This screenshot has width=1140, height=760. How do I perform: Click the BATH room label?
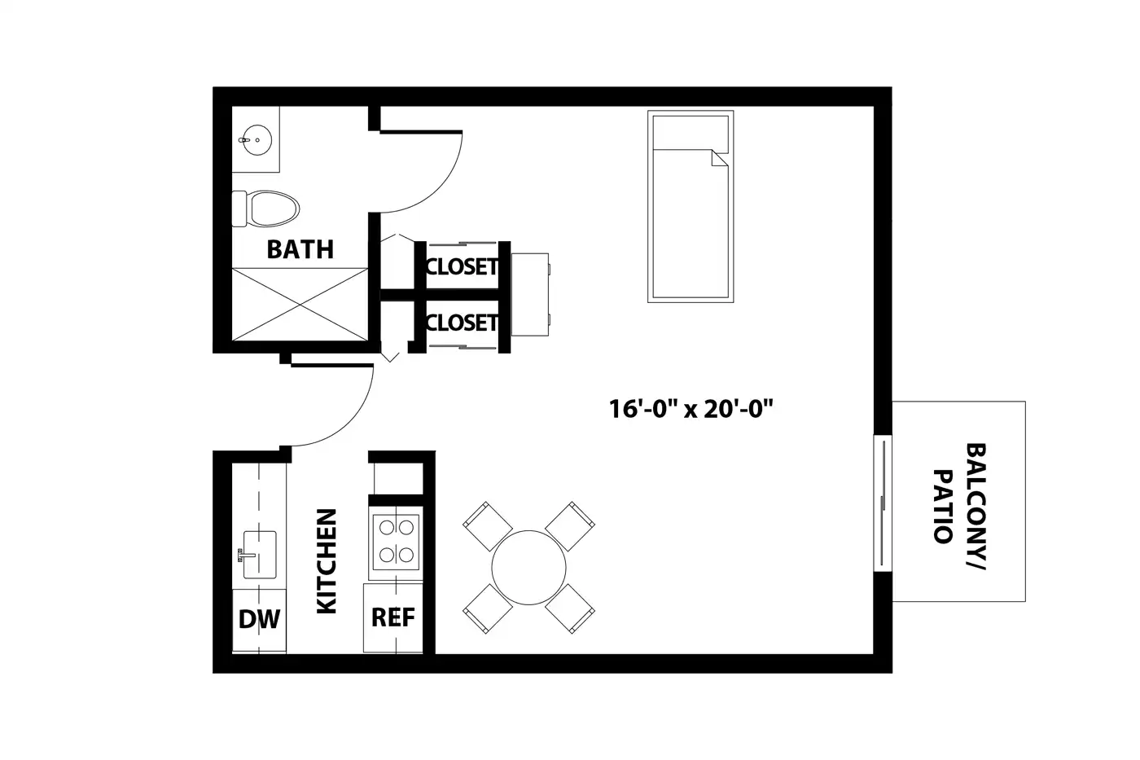(300, 249)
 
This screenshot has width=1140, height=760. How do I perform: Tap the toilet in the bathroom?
(265, 209)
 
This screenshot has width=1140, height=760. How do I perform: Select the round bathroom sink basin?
(257, 139)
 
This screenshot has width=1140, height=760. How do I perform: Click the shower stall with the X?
(300, 304)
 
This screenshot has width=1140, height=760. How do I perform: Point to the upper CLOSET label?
(463, 266)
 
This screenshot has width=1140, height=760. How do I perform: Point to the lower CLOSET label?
(463, 323)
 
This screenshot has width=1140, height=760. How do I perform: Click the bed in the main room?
(691, 207)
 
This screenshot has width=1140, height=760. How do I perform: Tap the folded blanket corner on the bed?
(720, 158)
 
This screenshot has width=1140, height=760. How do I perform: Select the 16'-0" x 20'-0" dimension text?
(691, 409)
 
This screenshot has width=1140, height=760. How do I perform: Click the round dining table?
(528, 568)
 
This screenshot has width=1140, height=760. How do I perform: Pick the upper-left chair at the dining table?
(487, 526)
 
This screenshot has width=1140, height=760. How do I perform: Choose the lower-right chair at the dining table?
(570, 608)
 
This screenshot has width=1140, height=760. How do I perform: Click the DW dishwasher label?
(259, 620)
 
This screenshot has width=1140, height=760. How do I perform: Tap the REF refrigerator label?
(392, 617)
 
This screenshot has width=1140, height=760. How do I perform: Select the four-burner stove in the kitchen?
(396, 543)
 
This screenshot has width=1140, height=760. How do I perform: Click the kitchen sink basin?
(260, 555)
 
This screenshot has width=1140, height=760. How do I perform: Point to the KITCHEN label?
(327, 561)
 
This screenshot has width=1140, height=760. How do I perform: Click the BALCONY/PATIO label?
(960, 507)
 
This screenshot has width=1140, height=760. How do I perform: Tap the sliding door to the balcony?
(883, 503)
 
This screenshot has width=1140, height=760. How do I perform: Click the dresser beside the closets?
(530, 294)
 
